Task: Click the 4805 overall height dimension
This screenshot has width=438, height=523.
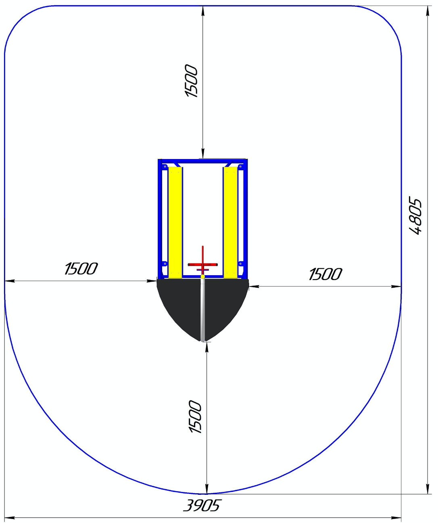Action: (415, 217)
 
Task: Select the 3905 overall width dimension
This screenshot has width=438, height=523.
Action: (202, 505)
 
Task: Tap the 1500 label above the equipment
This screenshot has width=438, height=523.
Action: (191, 81)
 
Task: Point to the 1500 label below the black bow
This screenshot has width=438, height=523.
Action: (195, 417)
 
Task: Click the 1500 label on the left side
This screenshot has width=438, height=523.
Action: (81, 269)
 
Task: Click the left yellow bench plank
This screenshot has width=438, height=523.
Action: (175, 222)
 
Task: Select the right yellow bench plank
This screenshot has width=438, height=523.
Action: (230, 222)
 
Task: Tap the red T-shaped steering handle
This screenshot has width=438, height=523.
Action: (203, 264)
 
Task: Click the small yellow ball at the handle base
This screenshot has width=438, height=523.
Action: (203, 276)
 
